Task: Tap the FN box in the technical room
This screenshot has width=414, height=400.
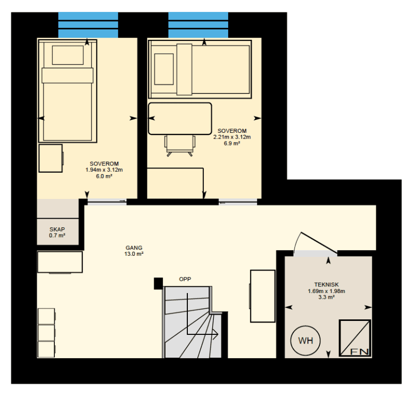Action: [355, 338]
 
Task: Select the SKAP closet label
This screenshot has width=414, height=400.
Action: [57, 229]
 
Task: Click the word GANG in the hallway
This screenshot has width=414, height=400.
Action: [134, 248]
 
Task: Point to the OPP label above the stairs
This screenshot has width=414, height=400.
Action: [185, 279]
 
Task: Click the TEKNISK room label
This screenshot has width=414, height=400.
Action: [327, 285]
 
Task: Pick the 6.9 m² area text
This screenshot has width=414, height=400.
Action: [232, 144]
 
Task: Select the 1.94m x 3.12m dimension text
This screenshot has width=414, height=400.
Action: [104, 170]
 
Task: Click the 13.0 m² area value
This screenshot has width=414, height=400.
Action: [134, 254]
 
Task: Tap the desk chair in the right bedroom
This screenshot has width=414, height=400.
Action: [180, 146]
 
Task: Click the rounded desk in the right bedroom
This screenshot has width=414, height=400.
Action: [180, 119]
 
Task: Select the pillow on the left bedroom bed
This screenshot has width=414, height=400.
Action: [68, 55]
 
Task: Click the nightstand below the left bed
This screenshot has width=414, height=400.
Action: [51, 158]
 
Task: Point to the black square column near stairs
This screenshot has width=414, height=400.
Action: [158, 283]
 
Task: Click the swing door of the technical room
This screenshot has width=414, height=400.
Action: [319, 242]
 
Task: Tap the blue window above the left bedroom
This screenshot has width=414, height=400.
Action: [88, 25]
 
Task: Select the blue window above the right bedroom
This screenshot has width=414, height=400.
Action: [198, 25]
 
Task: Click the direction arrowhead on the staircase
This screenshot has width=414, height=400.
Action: [215, 334]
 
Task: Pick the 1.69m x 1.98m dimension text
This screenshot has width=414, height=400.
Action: [327, 291]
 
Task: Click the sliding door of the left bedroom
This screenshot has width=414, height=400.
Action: [107, 202]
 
